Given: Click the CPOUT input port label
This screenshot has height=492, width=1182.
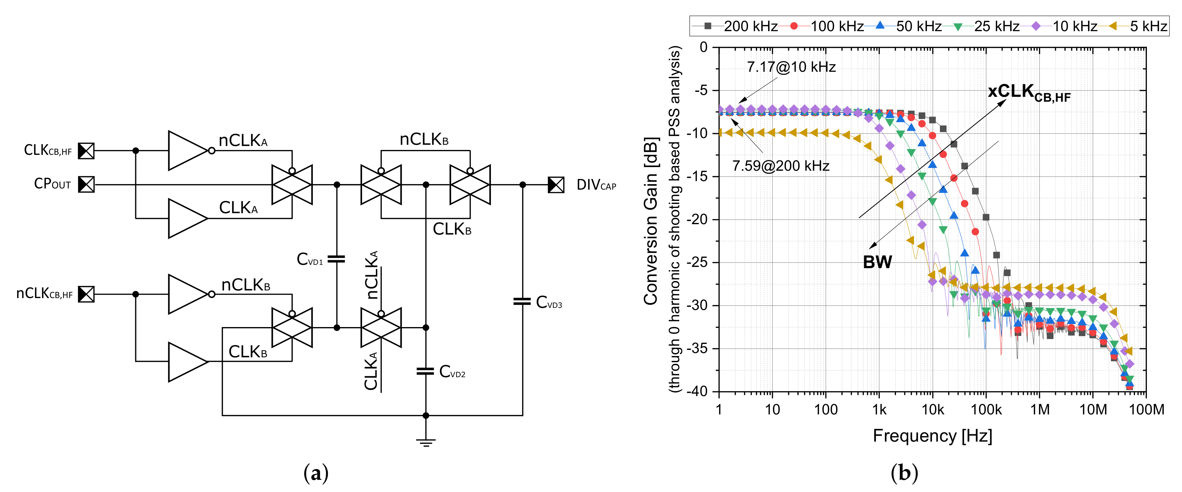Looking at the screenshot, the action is pos(52,184).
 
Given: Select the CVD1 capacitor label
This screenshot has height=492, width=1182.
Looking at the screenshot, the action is pos(310,259).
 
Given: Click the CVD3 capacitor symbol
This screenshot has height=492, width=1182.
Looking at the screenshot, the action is pos(522,301).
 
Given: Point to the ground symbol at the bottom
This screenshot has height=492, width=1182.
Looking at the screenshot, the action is pos(426,443).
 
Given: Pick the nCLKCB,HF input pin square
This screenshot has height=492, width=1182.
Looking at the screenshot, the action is pos(86,294).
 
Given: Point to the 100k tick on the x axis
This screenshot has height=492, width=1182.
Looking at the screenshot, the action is pos(986,409).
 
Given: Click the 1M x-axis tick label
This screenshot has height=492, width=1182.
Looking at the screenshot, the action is pos(1039,409).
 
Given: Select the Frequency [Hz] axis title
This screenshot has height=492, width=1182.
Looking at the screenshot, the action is pos(932,436).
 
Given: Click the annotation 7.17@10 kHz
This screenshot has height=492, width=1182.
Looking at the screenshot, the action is pos(791,67).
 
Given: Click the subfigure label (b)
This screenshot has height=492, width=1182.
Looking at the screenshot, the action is pos(904,473).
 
